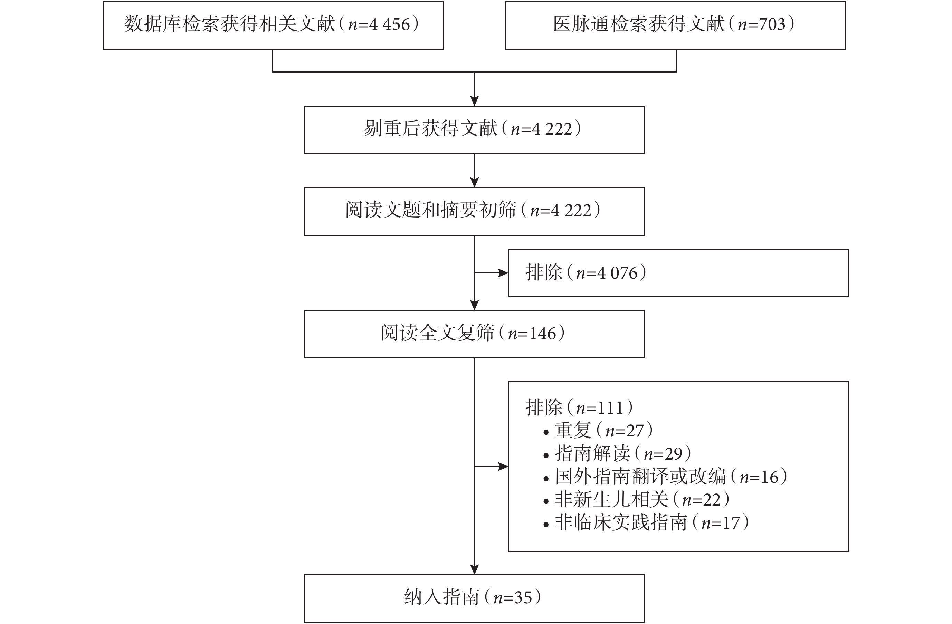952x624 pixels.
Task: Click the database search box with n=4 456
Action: coord(273,25)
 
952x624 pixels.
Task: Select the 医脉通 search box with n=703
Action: coord(675,25)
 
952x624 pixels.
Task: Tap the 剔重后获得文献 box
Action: coord(474,130)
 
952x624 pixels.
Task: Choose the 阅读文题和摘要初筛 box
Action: coord(474,211)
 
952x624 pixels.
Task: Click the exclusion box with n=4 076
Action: coord(678,273)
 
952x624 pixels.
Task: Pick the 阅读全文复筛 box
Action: coord(474,334)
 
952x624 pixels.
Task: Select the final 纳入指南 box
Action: coord(474,598)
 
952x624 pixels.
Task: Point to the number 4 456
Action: coord(390,25)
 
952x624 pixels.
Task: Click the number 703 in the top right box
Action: coord(772,25)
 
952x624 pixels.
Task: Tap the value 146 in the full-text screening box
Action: coord(543,334)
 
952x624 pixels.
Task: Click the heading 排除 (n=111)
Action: coord(579,407)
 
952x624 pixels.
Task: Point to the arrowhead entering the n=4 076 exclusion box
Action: coord(503,273)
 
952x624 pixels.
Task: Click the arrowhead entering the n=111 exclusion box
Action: coord(503,467)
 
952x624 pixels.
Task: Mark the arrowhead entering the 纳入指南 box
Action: coord(474,569)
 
